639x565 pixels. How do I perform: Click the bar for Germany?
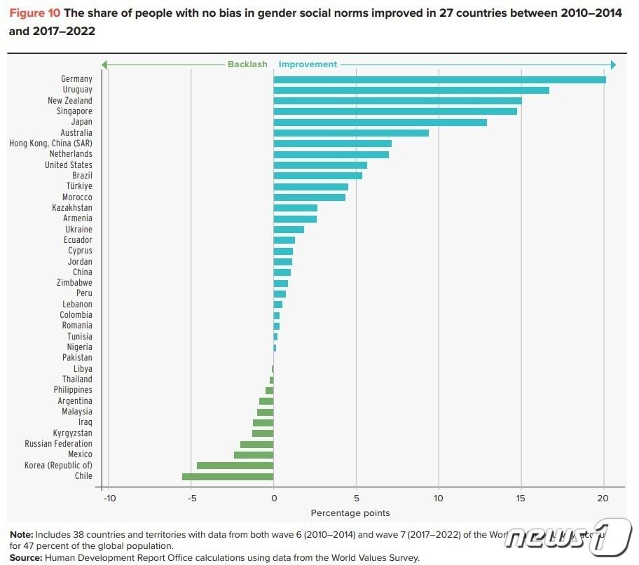(x=439, y=79)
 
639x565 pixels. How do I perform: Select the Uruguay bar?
(x=411, y=90)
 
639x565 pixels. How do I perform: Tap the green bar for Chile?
(x=228, y=476)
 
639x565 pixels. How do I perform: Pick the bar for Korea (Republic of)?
(x=235, y=465)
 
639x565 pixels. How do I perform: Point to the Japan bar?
(x=380, y=122)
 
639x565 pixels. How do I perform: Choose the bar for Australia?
(x=350, y=133)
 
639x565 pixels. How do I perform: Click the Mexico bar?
(x=254, y=454)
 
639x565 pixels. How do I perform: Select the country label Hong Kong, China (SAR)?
(x=50, y=144)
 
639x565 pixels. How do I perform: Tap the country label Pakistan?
(x=77, y=358)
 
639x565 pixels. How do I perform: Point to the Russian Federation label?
(x=58, y=444)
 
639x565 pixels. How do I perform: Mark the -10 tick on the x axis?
(x=109, y=498)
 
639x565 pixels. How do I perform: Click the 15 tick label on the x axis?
(x=521, y=498)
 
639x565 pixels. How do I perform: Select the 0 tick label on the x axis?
(x=273, y=498)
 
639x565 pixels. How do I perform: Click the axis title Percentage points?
(x=350, y=513)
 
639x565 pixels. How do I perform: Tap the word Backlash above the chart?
(x=247, y=64)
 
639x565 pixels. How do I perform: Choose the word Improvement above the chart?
(x=308, y=64)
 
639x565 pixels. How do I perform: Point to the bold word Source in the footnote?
(x=25, y=557)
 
